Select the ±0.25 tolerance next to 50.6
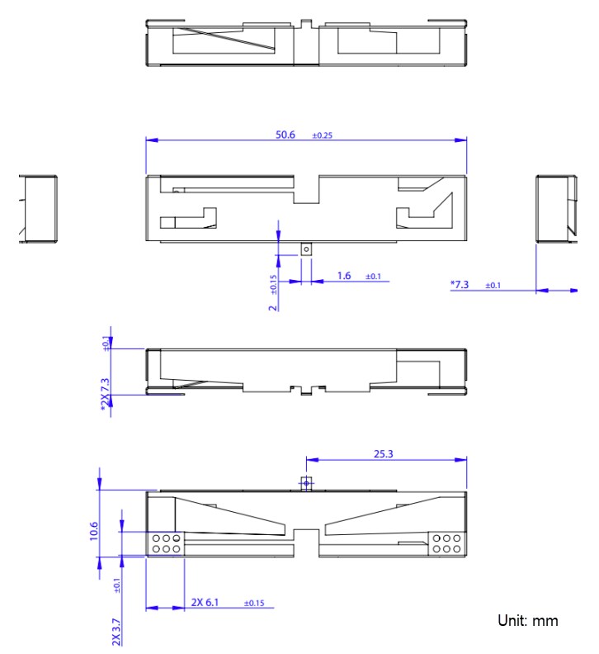click(322, 135)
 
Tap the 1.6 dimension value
click(344, 275)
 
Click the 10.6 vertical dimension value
click(93, 530)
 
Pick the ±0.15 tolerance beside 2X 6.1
click(254, 604)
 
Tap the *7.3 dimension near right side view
click(460, 284)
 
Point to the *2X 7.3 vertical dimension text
click(105, 395)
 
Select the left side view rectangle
click(38, 209)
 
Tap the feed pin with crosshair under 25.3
click(306, 482)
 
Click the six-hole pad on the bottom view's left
click(165, 543)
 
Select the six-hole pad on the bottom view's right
click(446, 543)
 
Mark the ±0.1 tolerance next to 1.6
click(373, 277)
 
